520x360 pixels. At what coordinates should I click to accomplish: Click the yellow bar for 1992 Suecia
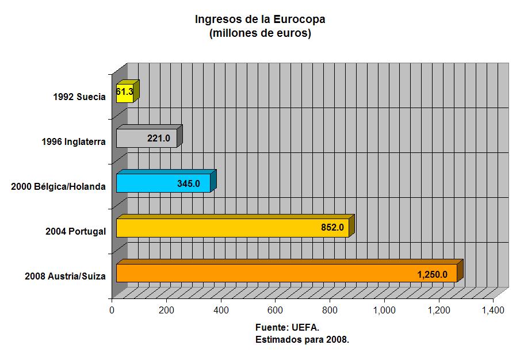124,93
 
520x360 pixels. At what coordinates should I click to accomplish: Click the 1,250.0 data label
433,274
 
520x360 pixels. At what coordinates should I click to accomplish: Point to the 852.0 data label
332,228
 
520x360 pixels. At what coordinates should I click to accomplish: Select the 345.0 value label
189,183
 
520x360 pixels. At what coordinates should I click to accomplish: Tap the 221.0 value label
159,139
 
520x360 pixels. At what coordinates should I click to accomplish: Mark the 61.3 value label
124,91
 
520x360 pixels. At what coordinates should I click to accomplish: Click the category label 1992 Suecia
79,97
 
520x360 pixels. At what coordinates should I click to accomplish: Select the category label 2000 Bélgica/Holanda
59,186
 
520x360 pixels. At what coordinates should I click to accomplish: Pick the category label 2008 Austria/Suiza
65,276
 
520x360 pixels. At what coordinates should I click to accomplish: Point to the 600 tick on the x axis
276,311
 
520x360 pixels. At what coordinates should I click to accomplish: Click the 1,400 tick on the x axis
493,311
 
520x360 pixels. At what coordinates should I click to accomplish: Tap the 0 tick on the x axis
112,311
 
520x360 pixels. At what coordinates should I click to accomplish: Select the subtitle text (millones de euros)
261,33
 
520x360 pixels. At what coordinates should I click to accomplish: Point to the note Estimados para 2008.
303,339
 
